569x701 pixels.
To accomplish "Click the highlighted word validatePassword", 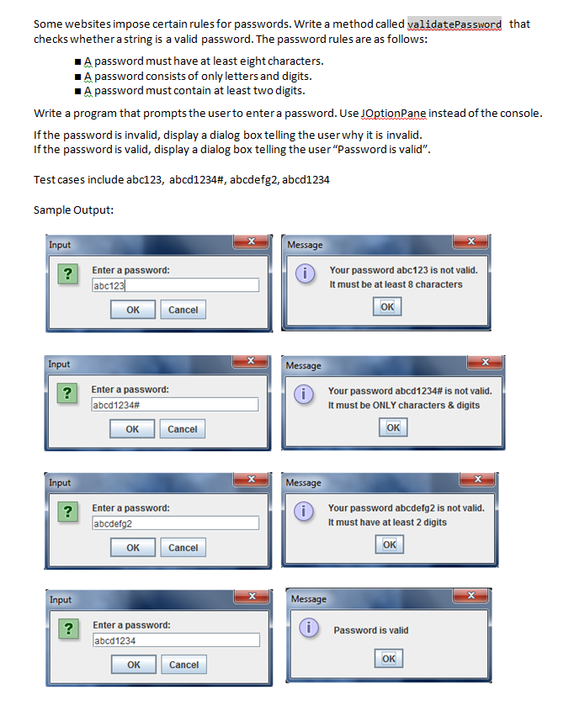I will coord(454,24).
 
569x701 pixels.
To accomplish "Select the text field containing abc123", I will coord(175,285).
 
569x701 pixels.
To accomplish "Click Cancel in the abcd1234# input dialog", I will coord(183,429).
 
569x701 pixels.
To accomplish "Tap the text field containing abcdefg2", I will coord(175,523).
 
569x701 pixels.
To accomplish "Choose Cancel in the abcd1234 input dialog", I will coord(183,665).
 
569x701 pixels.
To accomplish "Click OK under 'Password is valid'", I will coord(389,658).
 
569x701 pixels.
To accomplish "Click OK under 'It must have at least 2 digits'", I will coord(389,544).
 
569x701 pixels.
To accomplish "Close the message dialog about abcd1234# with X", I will coord(485,362).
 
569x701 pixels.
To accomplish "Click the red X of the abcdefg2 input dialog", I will coord(250,480).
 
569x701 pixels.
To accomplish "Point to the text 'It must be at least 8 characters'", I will coord(396,284).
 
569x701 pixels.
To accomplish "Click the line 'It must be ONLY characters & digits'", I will coord(403,405).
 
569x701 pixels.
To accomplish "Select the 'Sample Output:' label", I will coord(73,210).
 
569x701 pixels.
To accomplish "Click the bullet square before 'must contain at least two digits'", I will coord(77,91).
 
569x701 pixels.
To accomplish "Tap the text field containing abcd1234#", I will coord(174,405).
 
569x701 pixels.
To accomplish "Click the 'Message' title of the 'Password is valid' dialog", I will coord(308,599).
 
